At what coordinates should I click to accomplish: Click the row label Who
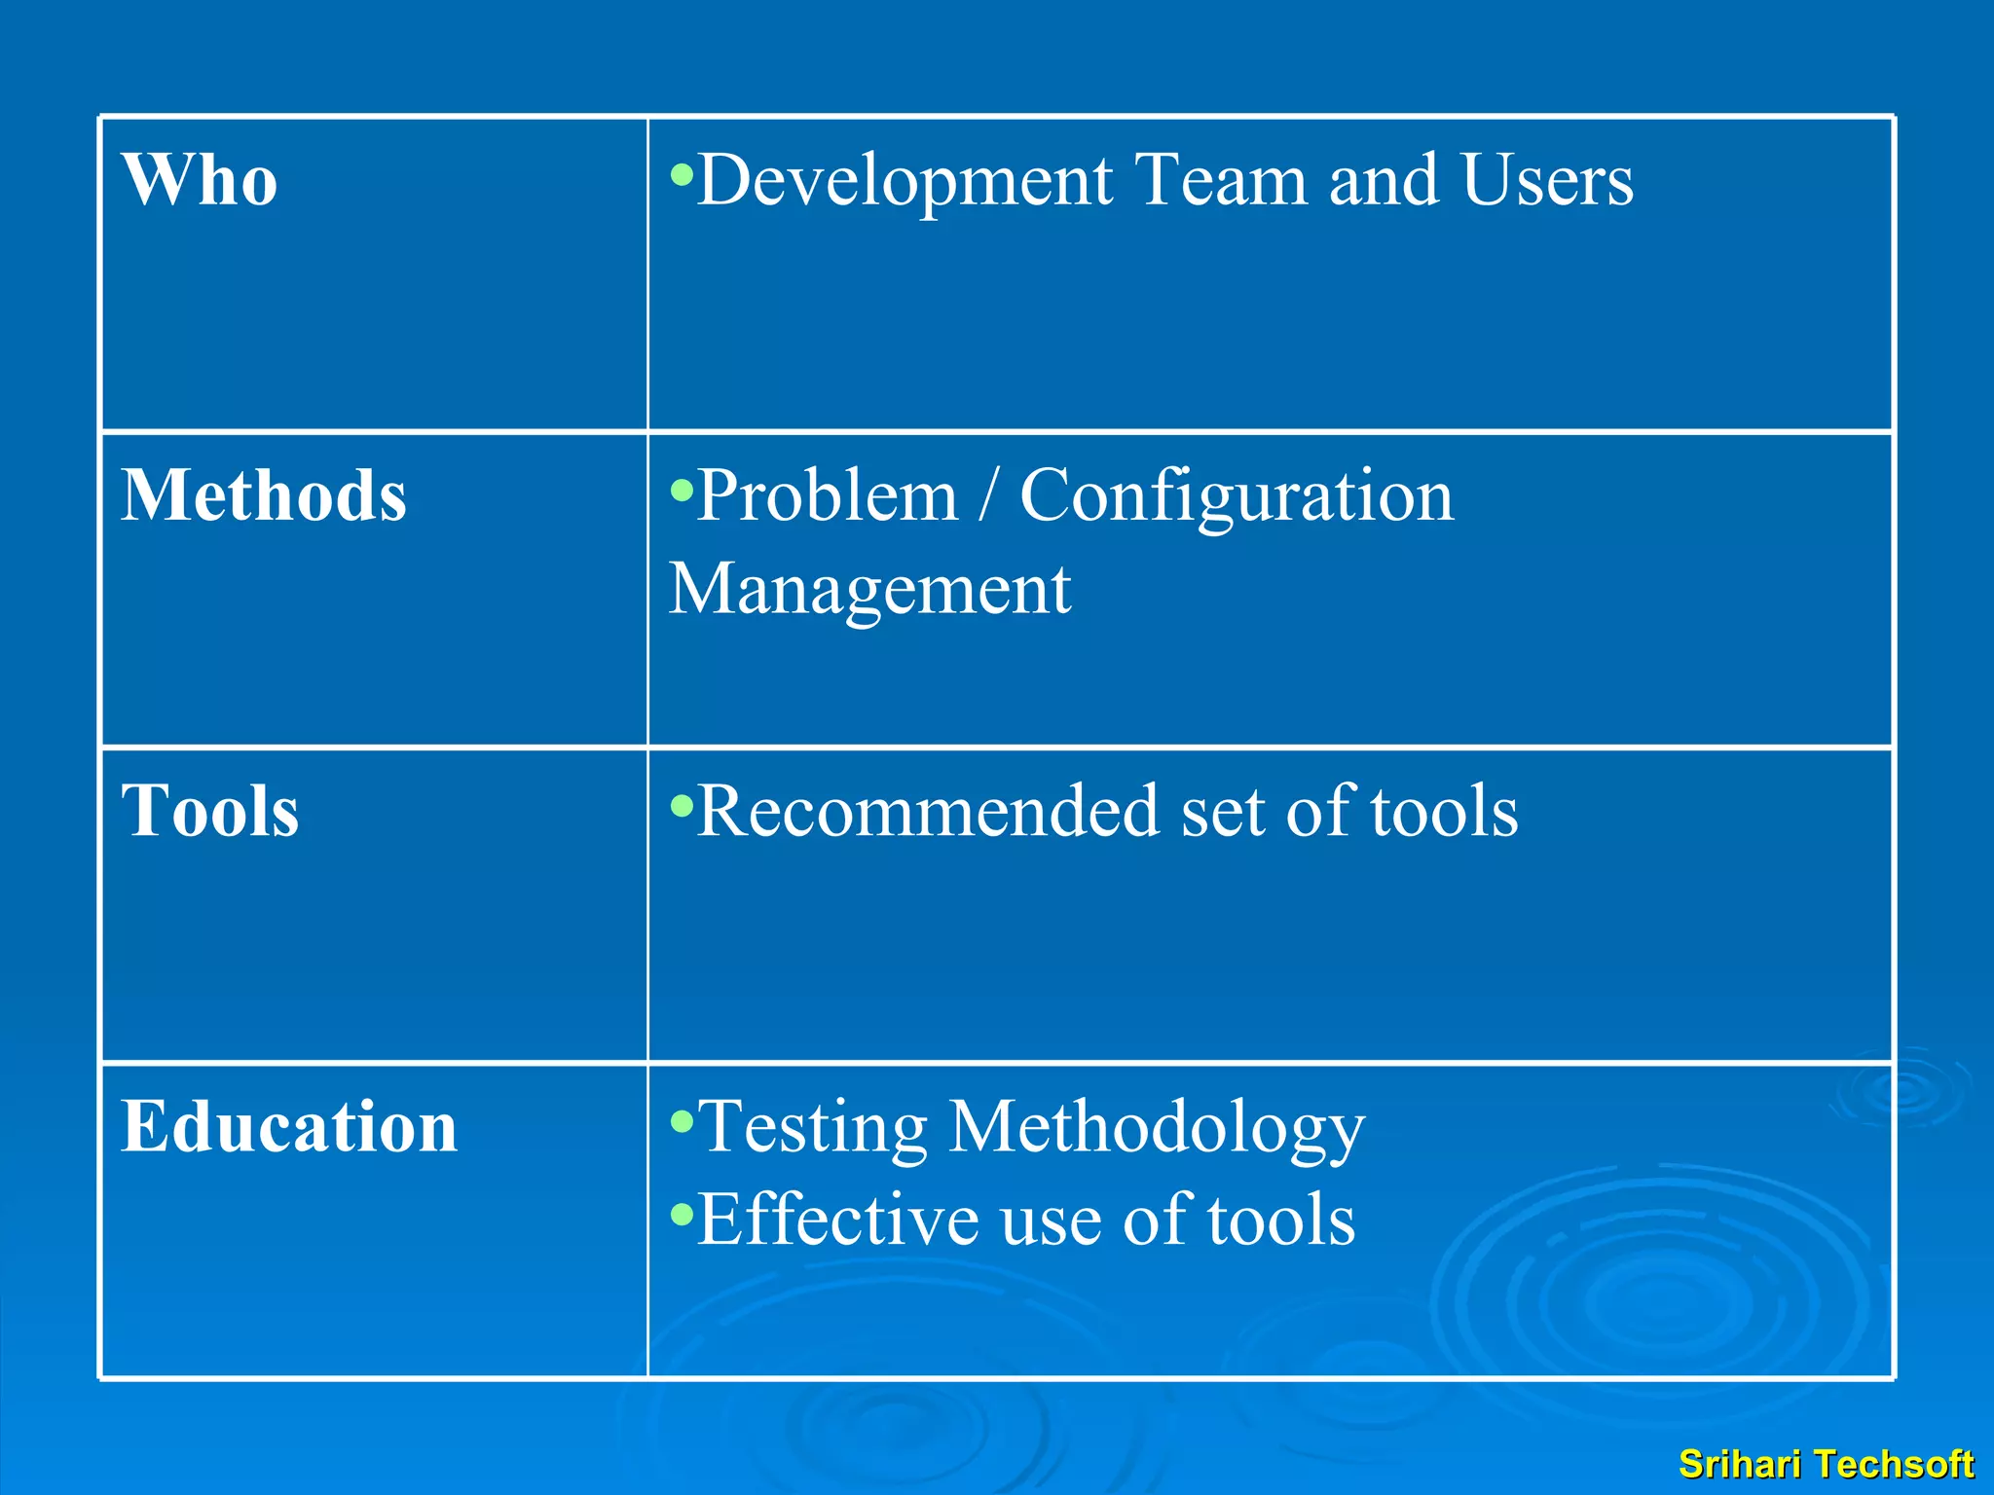(200, 181)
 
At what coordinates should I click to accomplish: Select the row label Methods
(264, 495)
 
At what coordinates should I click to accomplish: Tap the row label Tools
(209, 811)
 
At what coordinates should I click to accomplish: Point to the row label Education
(289, 1126)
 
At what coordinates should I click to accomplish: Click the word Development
(905, 181)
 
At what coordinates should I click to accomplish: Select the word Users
(1547, 181)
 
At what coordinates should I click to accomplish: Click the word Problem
(828, 496)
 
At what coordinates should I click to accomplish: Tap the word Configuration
(1237, 496)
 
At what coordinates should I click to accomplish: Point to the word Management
(869, 589)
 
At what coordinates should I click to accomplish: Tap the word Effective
(838, 1220)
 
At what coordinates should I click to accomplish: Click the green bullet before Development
(682, 175)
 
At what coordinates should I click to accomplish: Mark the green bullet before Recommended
(682, 805)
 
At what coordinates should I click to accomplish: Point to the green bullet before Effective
(682, 1214)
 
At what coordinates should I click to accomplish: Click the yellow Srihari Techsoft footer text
(1826, 1464)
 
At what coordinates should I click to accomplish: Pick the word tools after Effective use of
(1281, 1220)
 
